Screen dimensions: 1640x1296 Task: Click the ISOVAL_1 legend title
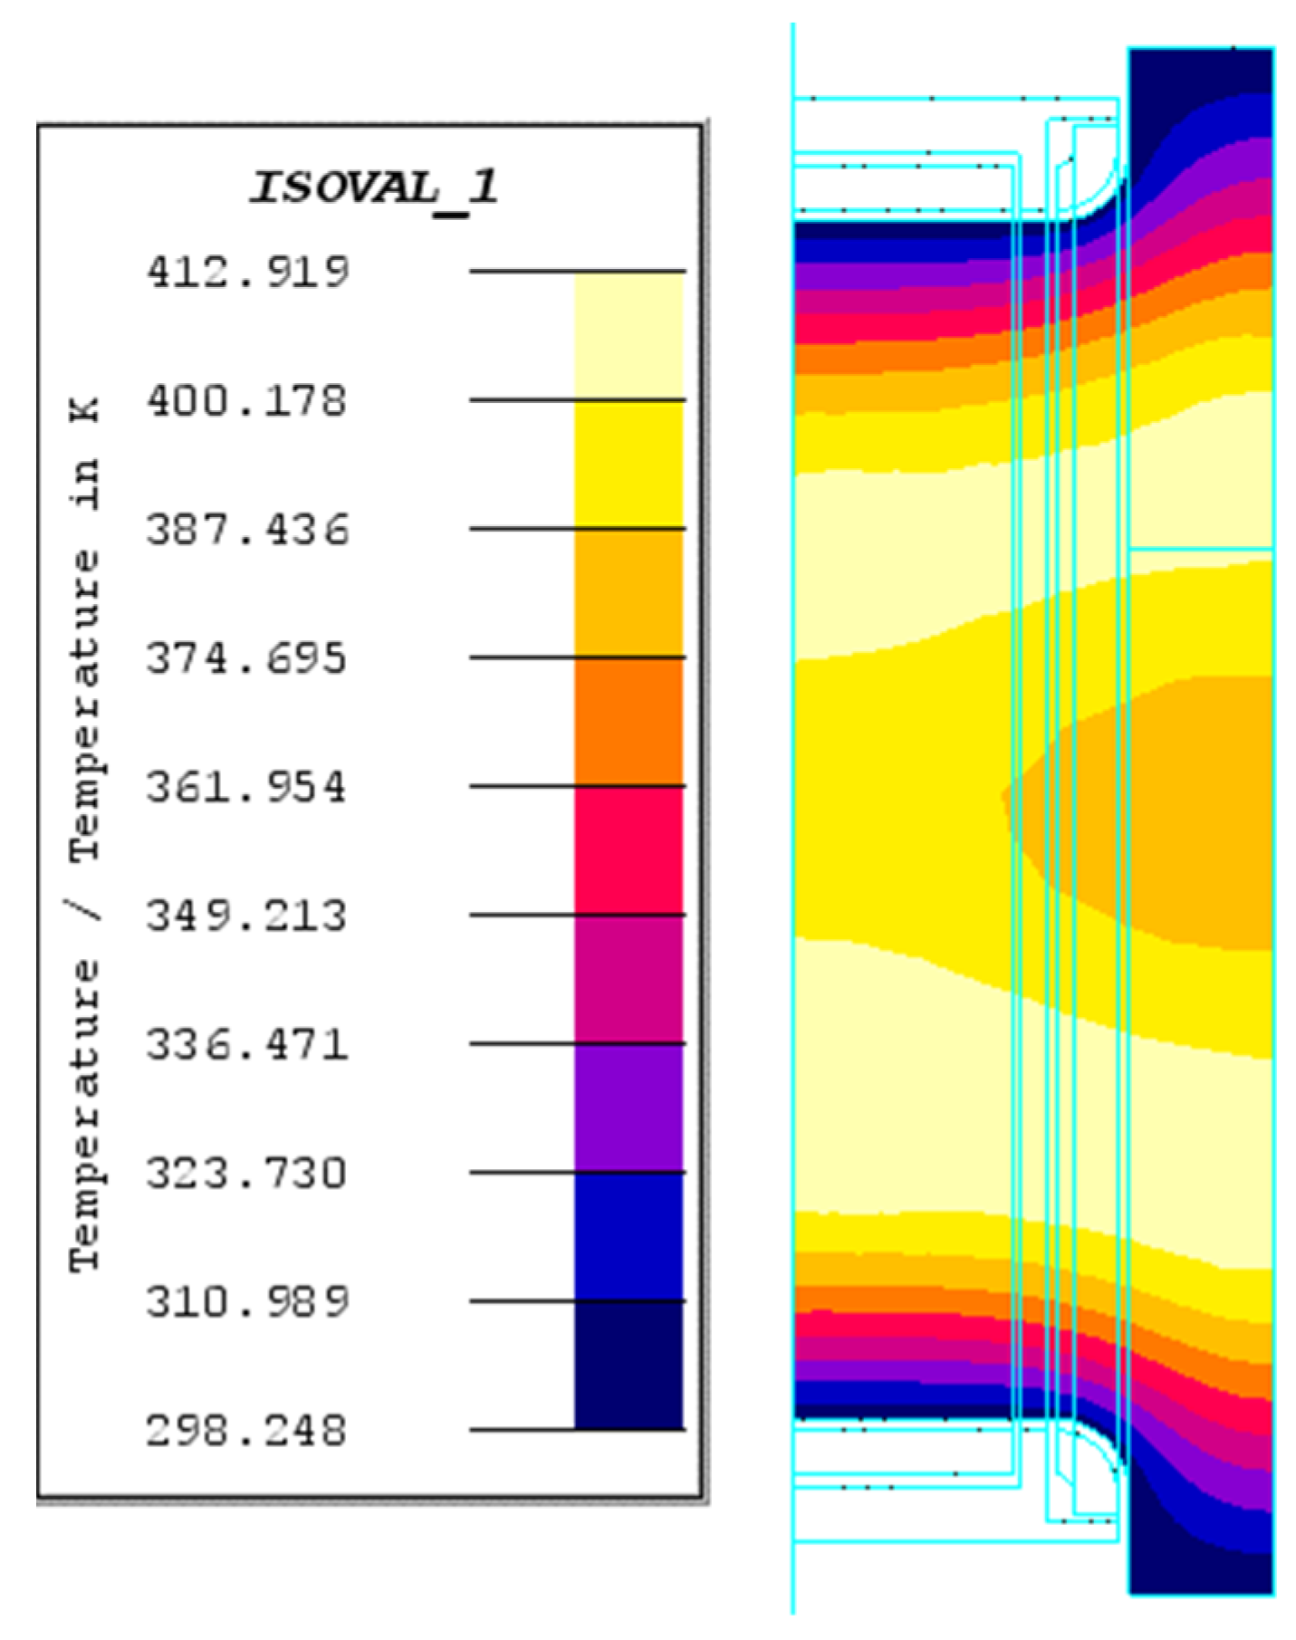(x=374, y=187)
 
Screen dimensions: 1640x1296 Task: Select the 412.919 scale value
(x=247, y=272)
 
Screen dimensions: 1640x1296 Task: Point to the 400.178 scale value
(x=247, y=400)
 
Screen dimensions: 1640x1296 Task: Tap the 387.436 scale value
(x=247, y=529)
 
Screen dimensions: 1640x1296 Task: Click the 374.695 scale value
(x=247, y=657)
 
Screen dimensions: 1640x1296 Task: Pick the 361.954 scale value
(x=247, y=786)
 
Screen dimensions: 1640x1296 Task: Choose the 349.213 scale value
(x=247, y=916)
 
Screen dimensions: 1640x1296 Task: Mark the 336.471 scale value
(x=247, y=1044)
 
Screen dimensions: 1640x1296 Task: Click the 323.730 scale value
(x=247, y=1173)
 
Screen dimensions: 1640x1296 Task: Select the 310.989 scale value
(x=247, y=1301)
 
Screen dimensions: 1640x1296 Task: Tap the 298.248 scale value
(x=247, y=1431)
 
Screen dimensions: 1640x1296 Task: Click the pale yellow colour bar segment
(x=629, y=335)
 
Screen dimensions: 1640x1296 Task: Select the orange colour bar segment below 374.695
(x=629, y=722)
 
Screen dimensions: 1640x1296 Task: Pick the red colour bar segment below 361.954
(x=629, y=850)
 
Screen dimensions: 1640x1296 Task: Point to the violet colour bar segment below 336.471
(x=629, y=1108)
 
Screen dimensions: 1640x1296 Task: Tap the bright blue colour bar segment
(x=629, y=1237)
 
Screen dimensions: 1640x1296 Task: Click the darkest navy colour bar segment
(x=629, y=1366)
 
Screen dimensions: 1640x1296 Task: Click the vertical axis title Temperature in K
(x=85, y=833)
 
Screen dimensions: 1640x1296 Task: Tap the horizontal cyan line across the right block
(x=1200, y=549)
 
